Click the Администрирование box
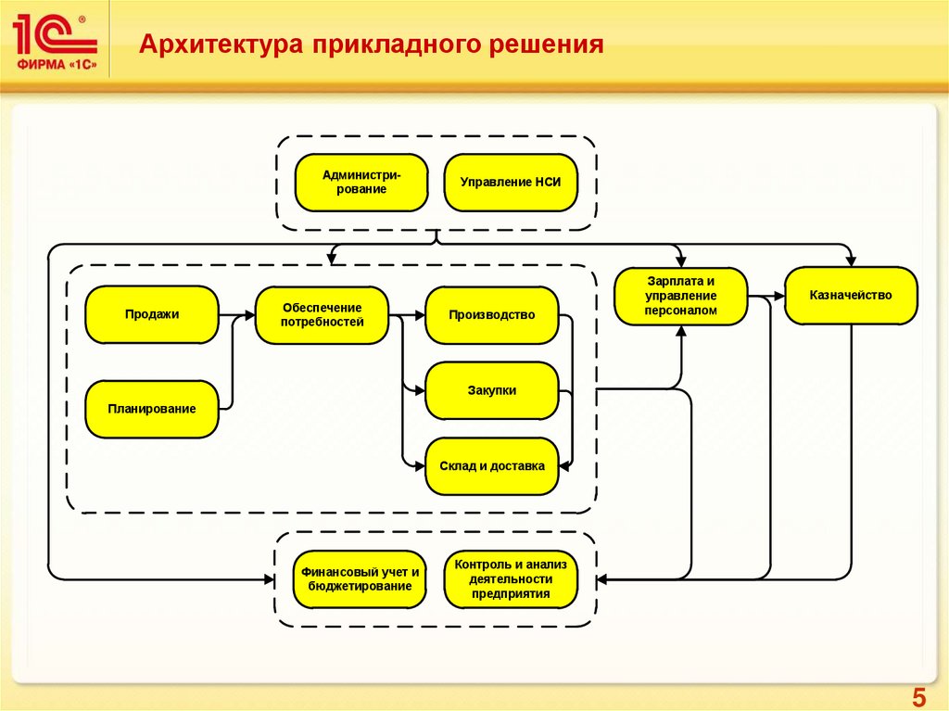point(361,183)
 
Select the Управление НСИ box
point(511,183)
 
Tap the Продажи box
point(152,315)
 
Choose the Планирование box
point(152,410)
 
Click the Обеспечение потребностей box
point(322,315)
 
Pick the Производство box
point(492,315)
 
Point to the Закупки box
point(492,390)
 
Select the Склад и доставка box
point(492,466)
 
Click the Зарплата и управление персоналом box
point(681,296)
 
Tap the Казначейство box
point(851,296)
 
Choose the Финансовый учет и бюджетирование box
point(360,579)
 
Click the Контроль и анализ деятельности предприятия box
point(511,579)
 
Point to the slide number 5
point(918,698)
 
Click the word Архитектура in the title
point(221,44)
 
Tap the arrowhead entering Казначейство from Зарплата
point(778,296)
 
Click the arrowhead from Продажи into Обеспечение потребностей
point(249,315)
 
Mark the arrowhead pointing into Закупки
point(420,390)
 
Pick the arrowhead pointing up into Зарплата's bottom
point(681,331)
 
